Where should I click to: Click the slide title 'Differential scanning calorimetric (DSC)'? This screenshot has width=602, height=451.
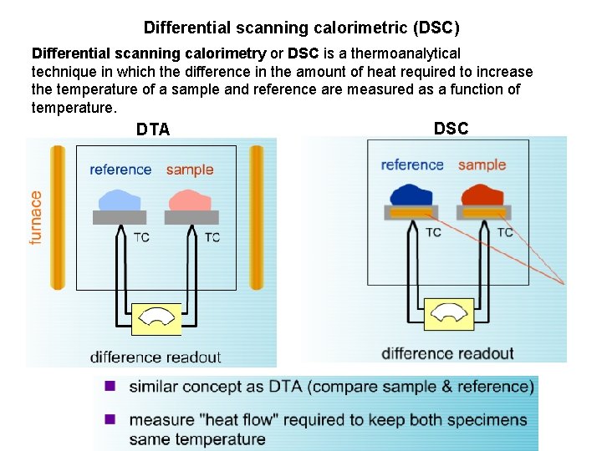[x=301, y=28]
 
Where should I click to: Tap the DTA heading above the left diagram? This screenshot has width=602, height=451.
[x=153, y=129]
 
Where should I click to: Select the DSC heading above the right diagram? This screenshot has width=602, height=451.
[x=451, y=128]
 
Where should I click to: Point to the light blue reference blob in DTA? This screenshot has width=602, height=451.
[x=120, y=200]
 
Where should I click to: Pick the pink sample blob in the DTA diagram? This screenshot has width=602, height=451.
[x=191, y=200]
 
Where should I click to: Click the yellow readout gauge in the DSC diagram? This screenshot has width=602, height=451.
[x=449, y=314]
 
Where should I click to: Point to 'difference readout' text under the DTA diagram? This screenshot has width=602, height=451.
[x=156, y=357]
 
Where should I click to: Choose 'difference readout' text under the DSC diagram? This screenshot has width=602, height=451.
[x=447, y=353]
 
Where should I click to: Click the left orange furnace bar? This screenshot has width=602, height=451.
[x=57, y=217]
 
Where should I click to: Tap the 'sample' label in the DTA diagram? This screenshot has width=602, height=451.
[x=190, y=170]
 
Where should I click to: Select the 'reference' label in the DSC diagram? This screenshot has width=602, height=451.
[x=412, y=165]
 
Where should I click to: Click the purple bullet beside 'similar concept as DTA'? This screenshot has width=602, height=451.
[x=109, y=386]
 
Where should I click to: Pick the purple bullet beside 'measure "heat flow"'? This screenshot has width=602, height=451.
[x=109, y=419]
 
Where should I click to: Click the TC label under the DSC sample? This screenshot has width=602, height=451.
[x=505, y=232]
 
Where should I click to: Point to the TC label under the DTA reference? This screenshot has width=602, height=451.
[x=141, y=237]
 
